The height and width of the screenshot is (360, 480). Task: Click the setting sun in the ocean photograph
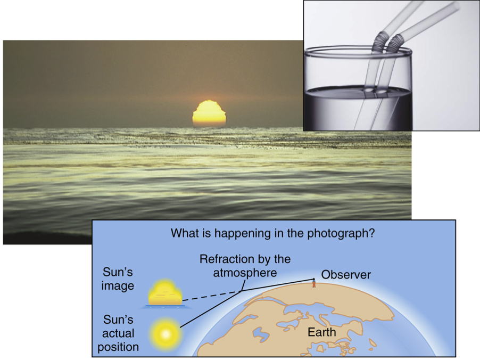coord(209,113)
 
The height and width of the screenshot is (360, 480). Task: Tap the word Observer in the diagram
coord(346,275)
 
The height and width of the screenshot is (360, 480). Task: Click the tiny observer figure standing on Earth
coord(313,283)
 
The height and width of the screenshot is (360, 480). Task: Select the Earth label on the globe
coord(322,333)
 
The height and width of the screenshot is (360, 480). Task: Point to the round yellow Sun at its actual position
coord(165,334)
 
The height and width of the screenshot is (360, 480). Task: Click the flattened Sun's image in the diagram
coord(165,294)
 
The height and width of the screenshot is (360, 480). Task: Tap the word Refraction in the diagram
coord(222,259)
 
